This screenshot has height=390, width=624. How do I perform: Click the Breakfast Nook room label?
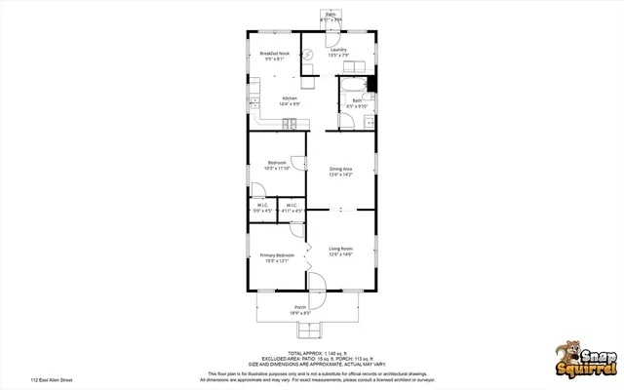pyautogui.click(x=272, y=55)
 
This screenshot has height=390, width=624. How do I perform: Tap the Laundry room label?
pyautogui.click(x=338, y=52)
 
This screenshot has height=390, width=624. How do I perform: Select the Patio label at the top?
pyautogui.click(x=331, y=16)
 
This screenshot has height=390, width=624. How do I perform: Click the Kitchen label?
pyautogui.click(x=290, y=100)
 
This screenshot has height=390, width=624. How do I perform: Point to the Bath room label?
pyautogui.click(x=357, y=102)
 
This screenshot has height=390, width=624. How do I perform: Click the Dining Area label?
pyautogui.click(x=340, y=171)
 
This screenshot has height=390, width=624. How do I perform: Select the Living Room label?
pyautogui.click(x=340, y=251)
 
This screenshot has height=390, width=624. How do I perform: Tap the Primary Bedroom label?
pyautogui.click(x=276, y=257)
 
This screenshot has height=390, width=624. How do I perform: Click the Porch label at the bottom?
pyautogui.click(x=300, y=309)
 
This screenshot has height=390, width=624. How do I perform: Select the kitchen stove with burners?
pyautogui.click(x=290, y=123)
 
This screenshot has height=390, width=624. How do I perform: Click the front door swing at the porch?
pyautogui.click(x=317, y=281)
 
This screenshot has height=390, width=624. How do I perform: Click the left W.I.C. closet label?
pyautogui.click(x=262, y=207)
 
